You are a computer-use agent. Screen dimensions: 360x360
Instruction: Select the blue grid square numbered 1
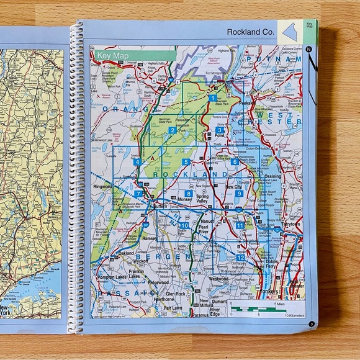[x=213, y=98]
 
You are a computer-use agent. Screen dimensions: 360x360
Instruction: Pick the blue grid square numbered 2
[x=173, y=130]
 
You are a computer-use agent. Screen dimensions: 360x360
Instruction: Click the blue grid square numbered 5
[x=186, y=162]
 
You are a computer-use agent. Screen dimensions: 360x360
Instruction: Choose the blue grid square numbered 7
[x=138, y=194]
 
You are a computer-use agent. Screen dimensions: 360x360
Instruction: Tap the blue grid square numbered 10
[x=184, y=225]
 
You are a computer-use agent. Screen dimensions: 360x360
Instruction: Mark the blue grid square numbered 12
[x=240, y=258]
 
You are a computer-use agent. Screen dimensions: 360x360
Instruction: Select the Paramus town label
[x=197, y=315]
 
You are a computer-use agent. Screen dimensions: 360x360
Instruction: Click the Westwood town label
[x=218, y=279]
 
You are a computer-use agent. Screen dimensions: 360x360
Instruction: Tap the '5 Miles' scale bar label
[x=282, y=305]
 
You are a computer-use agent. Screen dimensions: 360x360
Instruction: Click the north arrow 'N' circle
[x=308, y=48]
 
